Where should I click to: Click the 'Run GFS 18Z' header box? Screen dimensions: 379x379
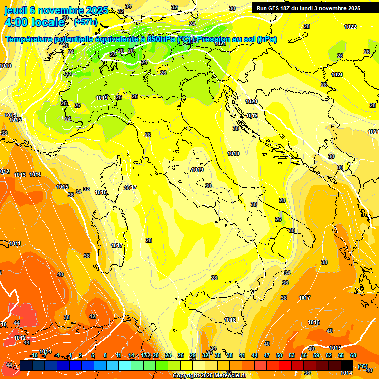(x=308, y=8)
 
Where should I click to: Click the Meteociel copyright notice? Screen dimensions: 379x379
(x=210, y=376)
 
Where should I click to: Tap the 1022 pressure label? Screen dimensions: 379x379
(x=350, y=27)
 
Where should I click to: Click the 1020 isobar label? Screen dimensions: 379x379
(x=251, y=101)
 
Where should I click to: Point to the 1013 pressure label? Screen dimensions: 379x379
(x=20, y=175)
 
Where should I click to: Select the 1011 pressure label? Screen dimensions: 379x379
(x=15, y=243)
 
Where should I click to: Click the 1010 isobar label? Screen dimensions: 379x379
(x=5, y=66)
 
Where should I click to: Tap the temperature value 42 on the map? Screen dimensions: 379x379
(x=92, y=316)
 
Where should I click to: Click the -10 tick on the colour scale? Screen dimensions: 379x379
(x=34, y=355)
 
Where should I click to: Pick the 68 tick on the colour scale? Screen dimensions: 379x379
(x=353, y=355)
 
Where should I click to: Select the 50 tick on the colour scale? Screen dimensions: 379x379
(x=279, y=355)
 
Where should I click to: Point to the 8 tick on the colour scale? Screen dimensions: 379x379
(x=105, y=355)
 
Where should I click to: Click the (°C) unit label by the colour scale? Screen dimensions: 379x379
(x=363, y=366)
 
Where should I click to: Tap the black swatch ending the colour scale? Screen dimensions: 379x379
(x=347, y=365)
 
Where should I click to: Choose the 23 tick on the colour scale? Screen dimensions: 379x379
(x=168, y=355)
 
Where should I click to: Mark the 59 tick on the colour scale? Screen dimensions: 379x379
(x=316, y=355)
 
